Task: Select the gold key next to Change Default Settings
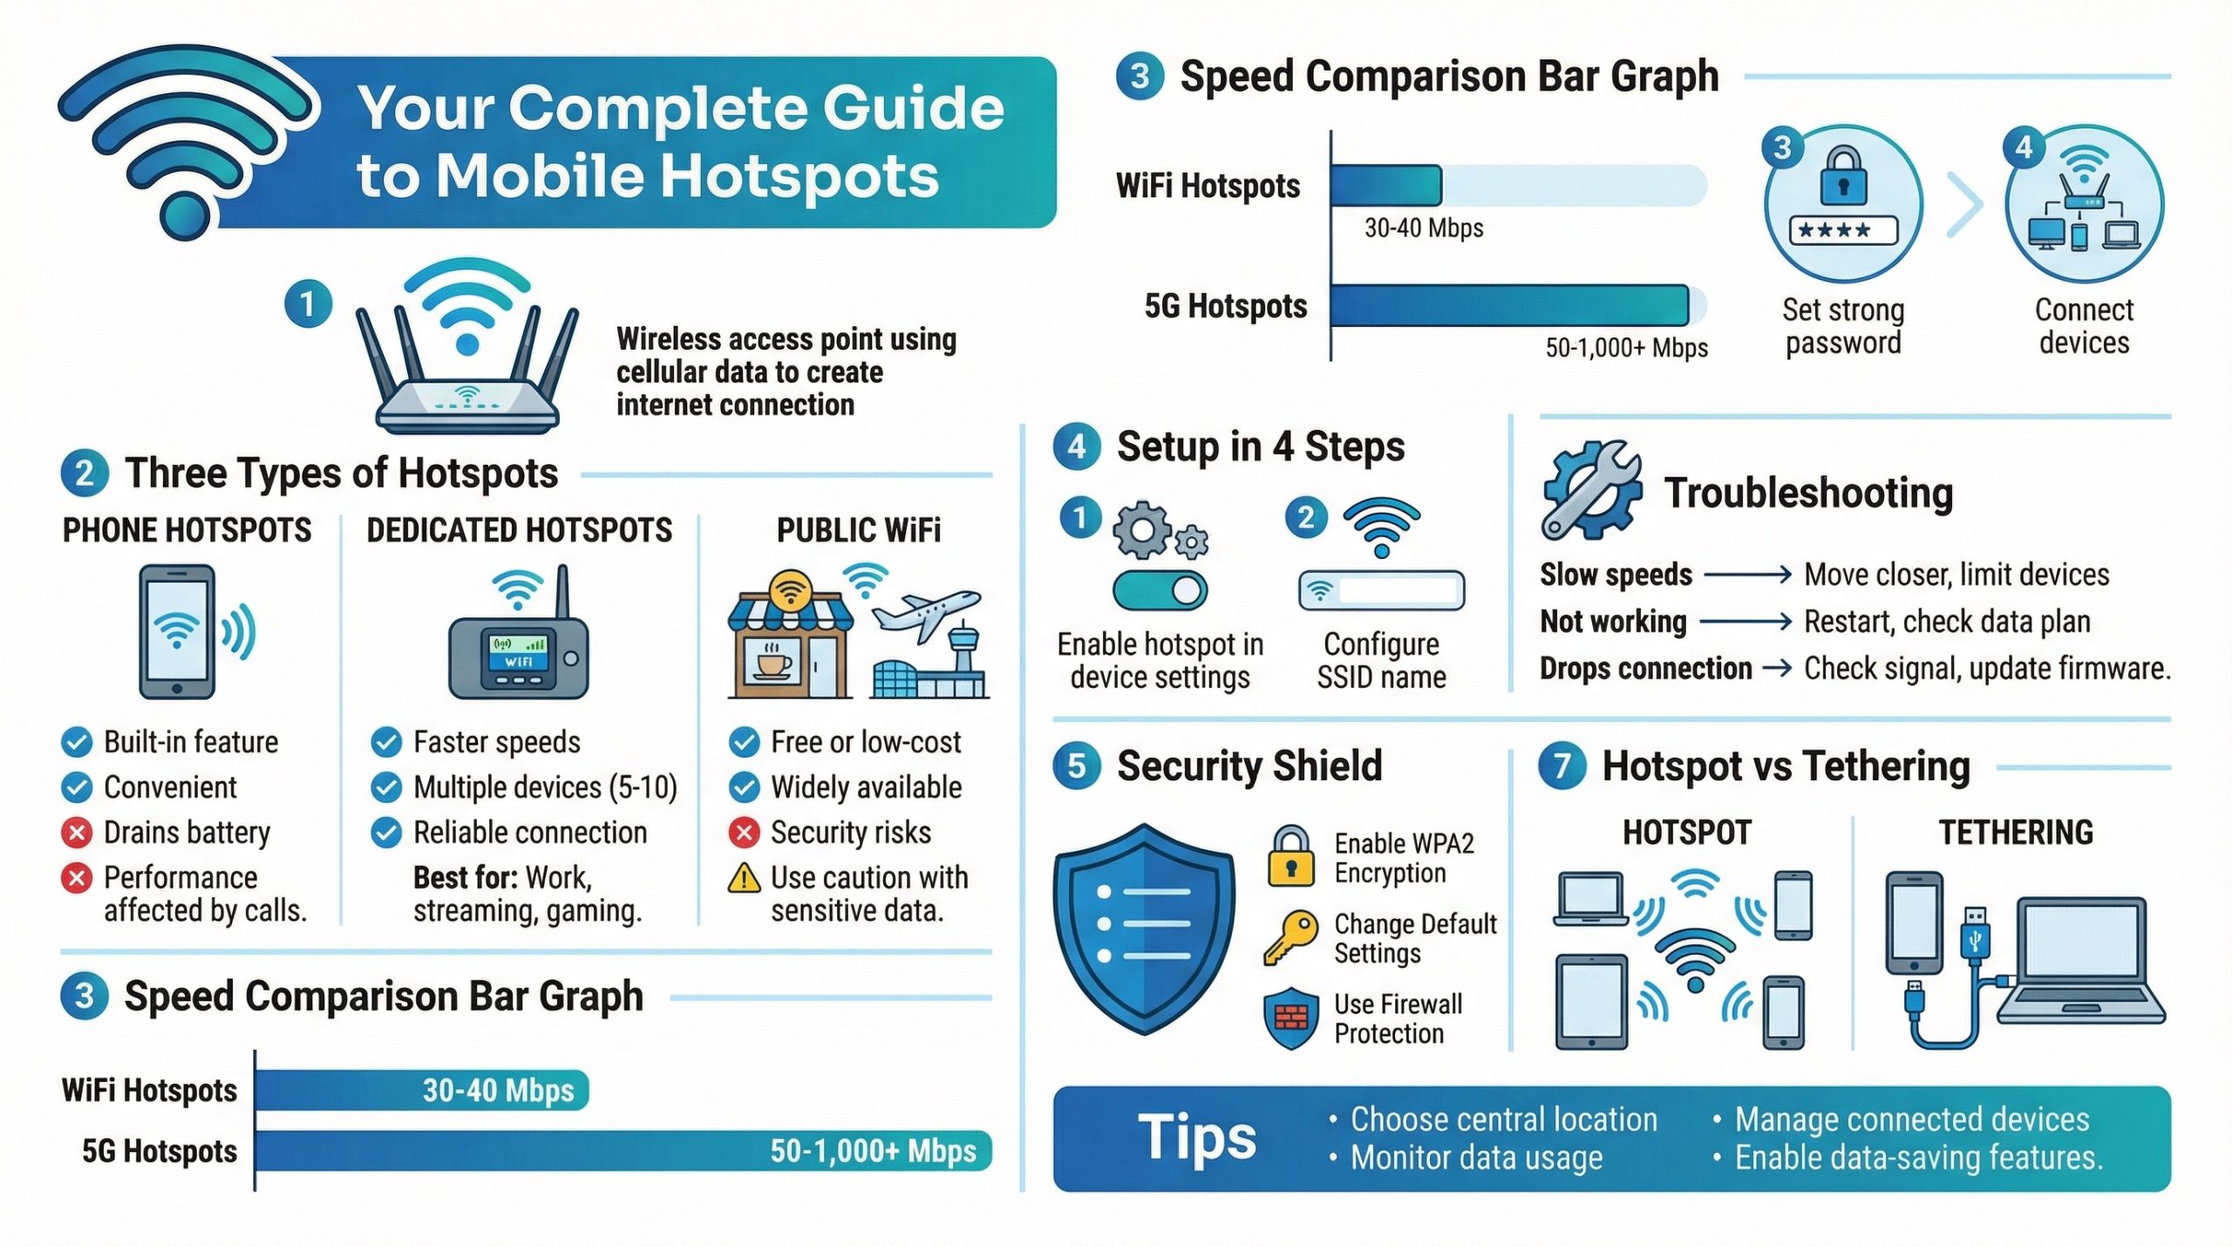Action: click(x=1290, y=937)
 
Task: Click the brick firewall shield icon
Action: click(x=1291, y=1018)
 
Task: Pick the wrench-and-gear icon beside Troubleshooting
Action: click(x=1590, y=489)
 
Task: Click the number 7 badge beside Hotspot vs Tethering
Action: click(x=1562, y=766)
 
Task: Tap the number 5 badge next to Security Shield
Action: click(x=1077, y=766)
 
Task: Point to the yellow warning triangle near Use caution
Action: click(x=744, y=878)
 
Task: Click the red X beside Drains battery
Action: click(x=77, y=833)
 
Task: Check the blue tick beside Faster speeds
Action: click(x=386, y=742)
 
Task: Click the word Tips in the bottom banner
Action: click(x=1197, y=1138)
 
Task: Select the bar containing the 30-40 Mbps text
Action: click(x=422, y=1090)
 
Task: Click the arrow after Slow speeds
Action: click(x=1748, y=575)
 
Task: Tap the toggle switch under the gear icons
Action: click(x=1160, y=591)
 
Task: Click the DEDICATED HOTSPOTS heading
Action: click(x=519, y=531)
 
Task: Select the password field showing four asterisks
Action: click(x=1843, y=231)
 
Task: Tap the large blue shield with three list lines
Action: click(x=1144, y=929)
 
